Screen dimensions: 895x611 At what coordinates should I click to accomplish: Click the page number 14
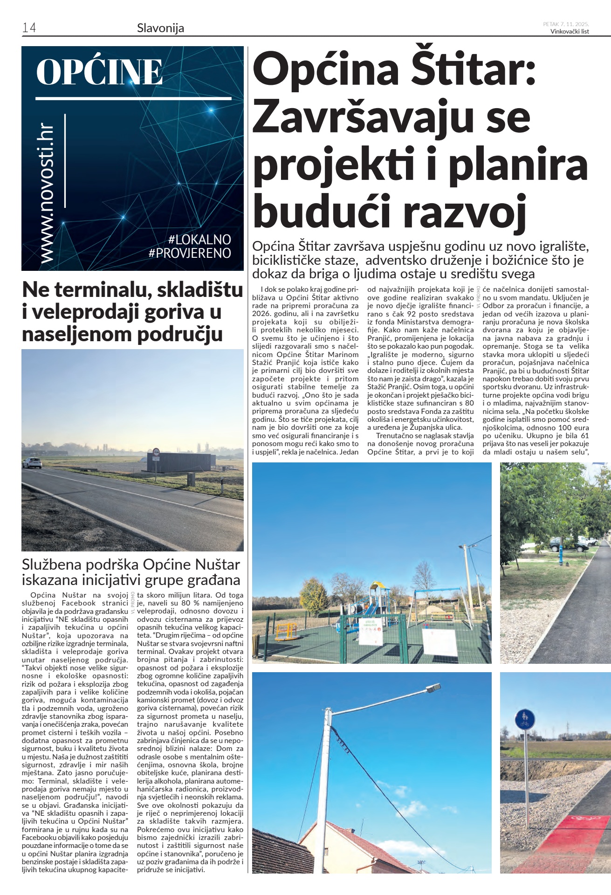click(29, 28)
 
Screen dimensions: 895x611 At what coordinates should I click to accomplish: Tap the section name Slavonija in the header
click(160, 28)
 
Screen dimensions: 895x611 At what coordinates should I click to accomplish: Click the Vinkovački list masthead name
click(570, 32)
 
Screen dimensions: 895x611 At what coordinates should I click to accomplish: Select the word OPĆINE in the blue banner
click(99, 72)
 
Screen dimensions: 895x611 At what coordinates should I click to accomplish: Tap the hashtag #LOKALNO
click(199, 240)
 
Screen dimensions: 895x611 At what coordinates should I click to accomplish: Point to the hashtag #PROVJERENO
click(190, 253)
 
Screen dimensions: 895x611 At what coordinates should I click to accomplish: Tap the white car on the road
click(32, 462)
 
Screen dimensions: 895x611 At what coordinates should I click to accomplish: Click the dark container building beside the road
click(179, 461)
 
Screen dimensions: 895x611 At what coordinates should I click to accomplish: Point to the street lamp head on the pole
click(433, 688)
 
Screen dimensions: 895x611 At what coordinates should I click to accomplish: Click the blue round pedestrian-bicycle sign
click(524, 720)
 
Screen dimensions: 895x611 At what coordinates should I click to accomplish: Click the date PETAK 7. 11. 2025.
click(566, 24)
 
